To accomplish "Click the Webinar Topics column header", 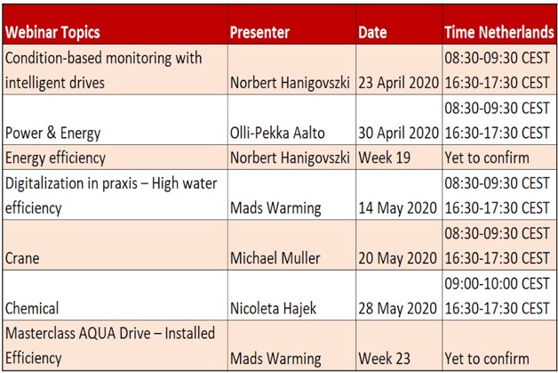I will pyautogui.click(x=52, y=33).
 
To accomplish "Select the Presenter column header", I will pyautogui.click(x=259, y=33).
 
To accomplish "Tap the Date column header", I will pyautogui.click(x=372, y=33).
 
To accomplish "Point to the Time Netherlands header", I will pyautogui.click(x=498, y=33).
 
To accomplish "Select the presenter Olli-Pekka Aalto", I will pyautogui.click(x=276, y=134).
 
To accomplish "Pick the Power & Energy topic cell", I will pyautogui.click(x=53, y=134).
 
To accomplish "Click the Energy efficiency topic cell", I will pyautogui.click(x=56, y=158).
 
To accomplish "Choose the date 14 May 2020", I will pyautogui.click(x=397, y=208).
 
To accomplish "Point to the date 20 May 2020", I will pyautogui.click(x=397, y=258).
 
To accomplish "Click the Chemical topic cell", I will pyautogui.click(x=32, y=308).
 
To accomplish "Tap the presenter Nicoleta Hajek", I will pyautogui.click(x=270, y=308).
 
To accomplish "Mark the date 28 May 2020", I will pyautogui.click(x=397, y=308).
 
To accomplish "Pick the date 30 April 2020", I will pyautogui.click(x=399, y=134).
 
